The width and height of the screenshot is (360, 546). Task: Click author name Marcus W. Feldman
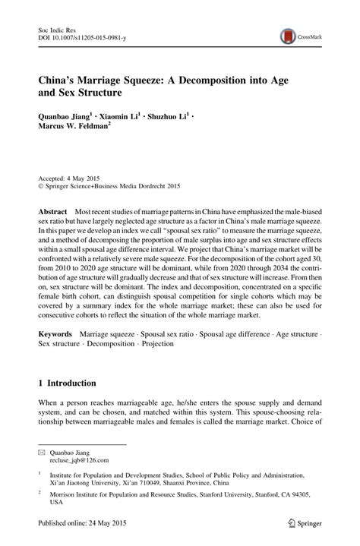pyautogui.click(x=80, y=128)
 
